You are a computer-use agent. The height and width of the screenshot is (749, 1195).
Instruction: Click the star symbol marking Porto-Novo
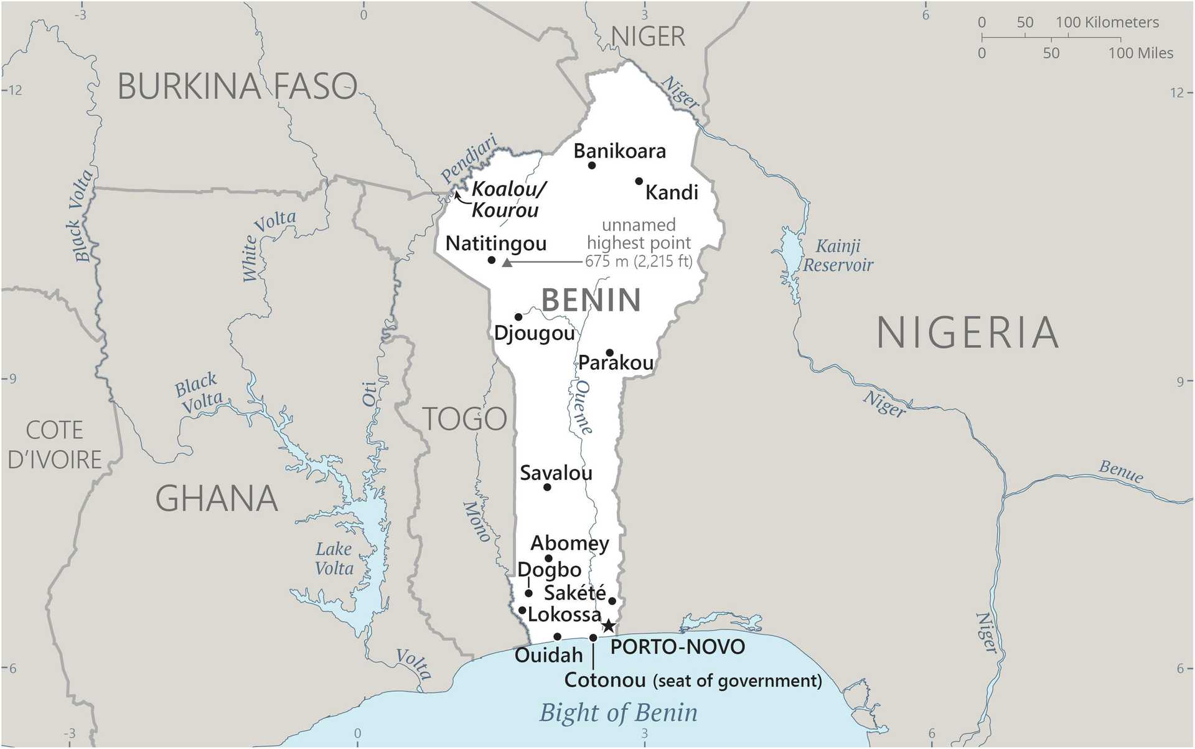click(609, 626)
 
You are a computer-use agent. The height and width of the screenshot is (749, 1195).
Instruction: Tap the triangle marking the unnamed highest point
click(507, 263)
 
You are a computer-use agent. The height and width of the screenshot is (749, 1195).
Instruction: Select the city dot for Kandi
click(639, 181)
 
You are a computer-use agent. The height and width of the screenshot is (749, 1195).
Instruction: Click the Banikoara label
click(619, 151)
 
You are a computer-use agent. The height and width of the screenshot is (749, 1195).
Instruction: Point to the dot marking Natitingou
click(492, 260)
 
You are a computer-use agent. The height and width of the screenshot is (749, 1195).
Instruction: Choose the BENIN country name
click(591, 300)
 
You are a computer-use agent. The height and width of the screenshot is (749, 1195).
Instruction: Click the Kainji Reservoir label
click(838, 255)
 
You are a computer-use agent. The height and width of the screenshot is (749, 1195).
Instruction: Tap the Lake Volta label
click(334, 558)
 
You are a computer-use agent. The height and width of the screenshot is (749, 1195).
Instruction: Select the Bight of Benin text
click(618, 712)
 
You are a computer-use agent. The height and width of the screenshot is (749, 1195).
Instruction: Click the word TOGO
click(465, 419)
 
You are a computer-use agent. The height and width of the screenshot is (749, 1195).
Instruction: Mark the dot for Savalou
click(547, 487)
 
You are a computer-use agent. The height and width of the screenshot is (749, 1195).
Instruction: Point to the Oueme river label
click(583, 407)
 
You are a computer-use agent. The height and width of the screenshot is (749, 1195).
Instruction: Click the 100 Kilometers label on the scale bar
click(1107, 22)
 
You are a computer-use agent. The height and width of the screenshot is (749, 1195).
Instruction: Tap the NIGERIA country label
click(967, 332)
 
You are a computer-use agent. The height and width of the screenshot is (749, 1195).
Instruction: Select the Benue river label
click(1121, 471)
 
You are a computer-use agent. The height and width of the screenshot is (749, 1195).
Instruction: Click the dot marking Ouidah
click(557, 636)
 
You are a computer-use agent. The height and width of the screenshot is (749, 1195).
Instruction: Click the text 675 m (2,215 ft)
click(639, 261)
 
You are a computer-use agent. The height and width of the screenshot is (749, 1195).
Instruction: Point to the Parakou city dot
click(610, 352)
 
